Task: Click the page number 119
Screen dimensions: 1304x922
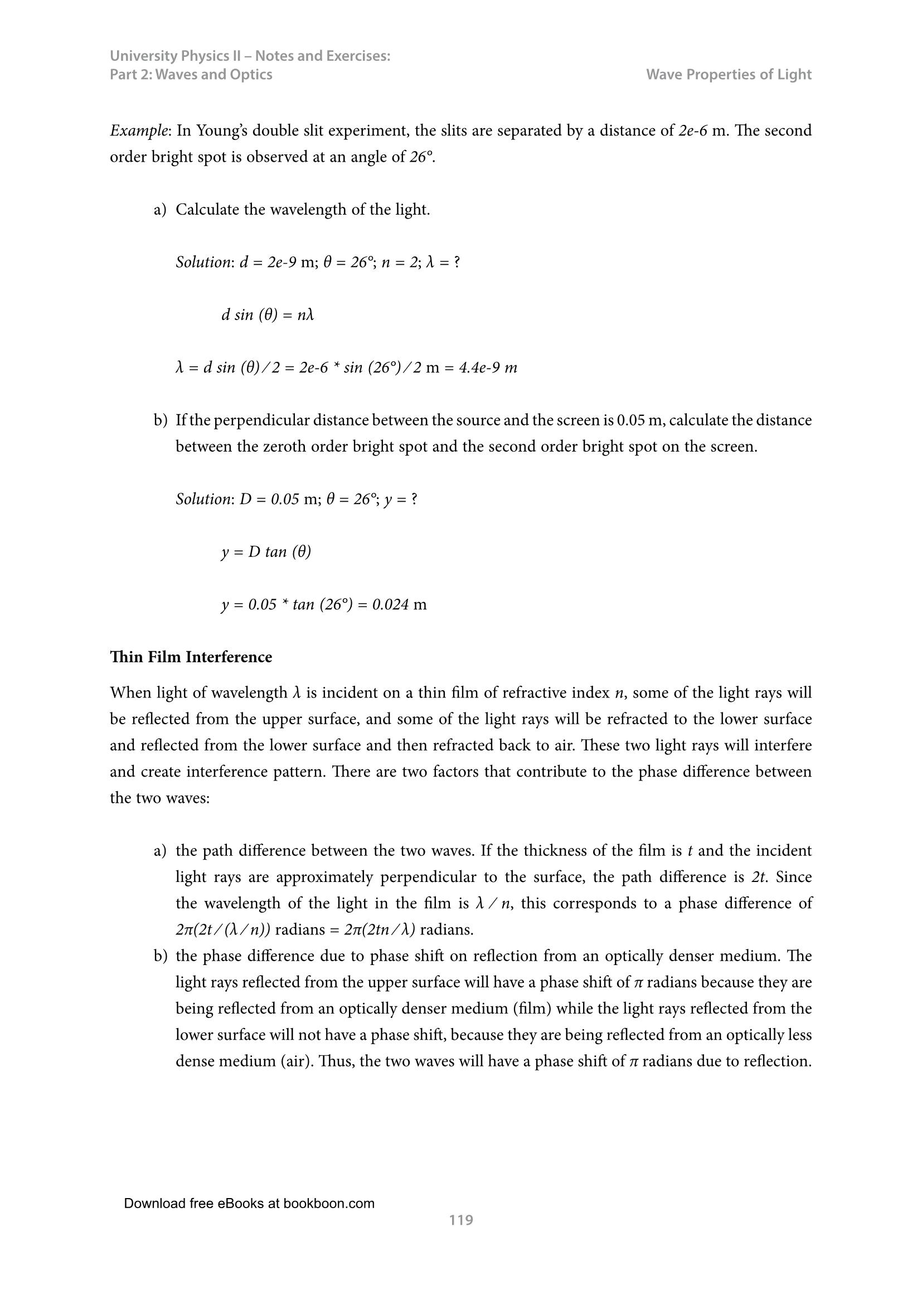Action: [x=460, y=1220]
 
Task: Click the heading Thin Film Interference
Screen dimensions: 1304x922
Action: [x=191, y=657]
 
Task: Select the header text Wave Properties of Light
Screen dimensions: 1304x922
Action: [x=729, y=74]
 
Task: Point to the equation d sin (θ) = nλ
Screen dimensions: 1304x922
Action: [x=268, y=314]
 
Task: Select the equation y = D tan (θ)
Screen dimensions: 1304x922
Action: [x=266, y=551]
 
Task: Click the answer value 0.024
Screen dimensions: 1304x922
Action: [x=391, y=604]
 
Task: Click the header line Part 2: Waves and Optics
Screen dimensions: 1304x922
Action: [x=191, y=74]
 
